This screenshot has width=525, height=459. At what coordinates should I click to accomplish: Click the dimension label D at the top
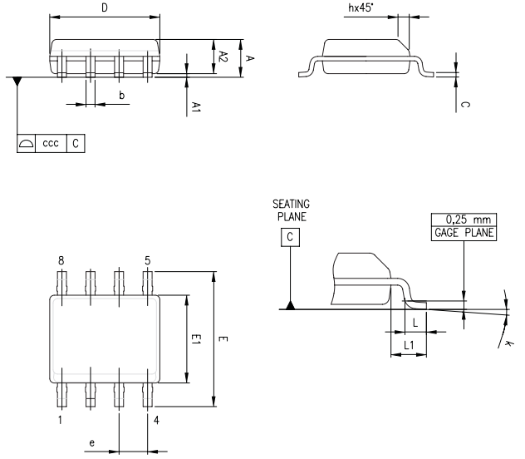tap(104, 7)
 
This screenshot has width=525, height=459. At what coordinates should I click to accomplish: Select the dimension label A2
tap(223, 56)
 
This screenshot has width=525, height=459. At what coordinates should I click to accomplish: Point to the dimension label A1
tap(196, 106)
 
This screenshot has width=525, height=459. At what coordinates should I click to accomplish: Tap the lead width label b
tap(121, 96)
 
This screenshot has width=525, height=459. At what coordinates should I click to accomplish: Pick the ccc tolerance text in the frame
tap(51, 143)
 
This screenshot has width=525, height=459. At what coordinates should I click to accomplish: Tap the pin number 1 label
tap(61, 420)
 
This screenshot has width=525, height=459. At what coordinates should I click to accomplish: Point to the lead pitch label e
tap(91, 443)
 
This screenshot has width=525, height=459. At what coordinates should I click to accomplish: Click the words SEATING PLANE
tap(290, 210)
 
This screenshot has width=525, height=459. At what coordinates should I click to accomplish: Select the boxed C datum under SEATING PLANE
tap(290, 237)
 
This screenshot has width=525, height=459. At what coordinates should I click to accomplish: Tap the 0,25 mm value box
tap(463, 220)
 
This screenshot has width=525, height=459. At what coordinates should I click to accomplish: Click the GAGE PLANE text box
tap(463, 233)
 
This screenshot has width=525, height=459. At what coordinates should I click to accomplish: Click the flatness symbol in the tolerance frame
tap(27, 143)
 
